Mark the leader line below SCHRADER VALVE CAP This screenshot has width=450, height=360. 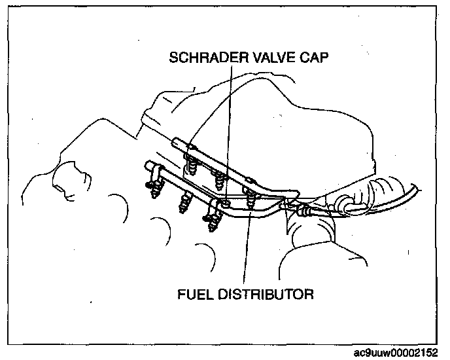pos(227,131)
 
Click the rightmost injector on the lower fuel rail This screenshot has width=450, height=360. pos(213,223)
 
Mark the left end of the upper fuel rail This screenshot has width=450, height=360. pos(177,141)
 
